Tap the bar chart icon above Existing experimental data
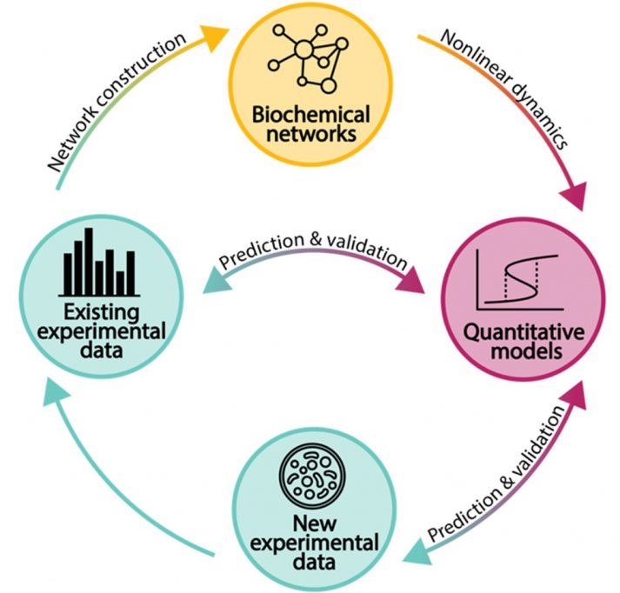tap(103, 261)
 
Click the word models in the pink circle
tap(522, 355)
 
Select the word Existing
tap(102, 312)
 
